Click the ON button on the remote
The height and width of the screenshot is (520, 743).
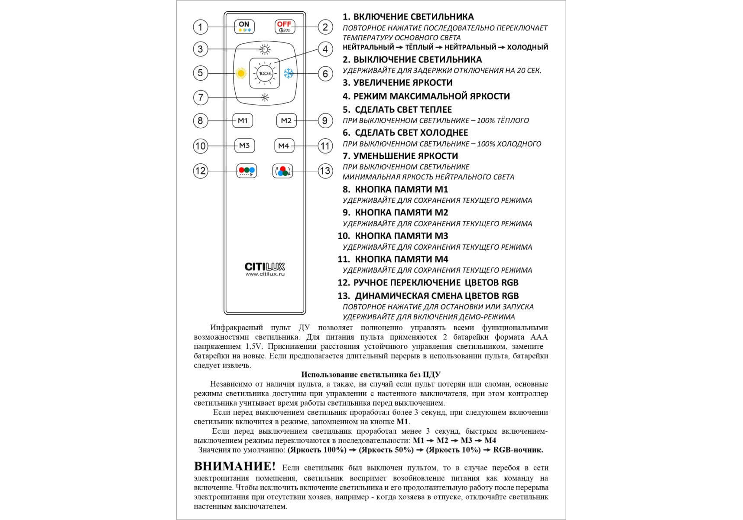244,27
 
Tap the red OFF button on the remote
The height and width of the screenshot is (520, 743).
285,27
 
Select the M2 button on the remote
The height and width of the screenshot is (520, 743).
286,121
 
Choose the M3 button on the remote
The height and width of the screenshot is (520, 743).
244,146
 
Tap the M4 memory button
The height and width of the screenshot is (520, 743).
284,146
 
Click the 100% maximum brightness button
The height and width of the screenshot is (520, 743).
265,74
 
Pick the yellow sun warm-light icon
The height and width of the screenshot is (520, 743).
241,73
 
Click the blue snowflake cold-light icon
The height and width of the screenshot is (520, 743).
289,73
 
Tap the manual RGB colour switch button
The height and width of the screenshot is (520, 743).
247,171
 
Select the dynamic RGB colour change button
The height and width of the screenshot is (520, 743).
282,171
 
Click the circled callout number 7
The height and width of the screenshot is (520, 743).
200,97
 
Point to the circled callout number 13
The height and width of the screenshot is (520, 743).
325,171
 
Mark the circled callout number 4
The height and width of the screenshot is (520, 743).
325,49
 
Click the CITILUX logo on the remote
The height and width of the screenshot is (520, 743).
265,266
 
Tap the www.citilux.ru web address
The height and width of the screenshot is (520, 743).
265,274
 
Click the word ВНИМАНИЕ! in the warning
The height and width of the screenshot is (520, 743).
234,466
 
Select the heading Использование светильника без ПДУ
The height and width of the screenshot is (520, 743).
370,374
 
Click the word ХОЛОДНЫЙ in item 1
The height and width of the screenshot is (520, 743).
527,47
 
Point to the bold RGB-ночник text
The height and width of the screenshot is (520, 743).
518,450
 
